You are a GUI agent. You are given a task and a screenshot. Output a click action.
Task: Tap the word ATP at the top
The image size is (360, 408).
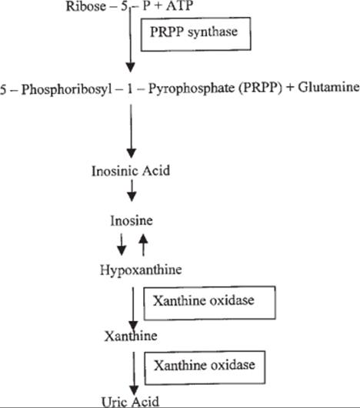click(x=179, y=5)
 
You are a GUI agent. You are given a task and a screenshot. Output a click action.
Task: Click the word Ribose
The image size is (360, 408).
click(x=86, y=6)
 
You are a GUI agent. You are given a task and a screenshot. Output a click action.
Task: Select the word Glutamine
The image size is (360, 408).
click(x=328, y=87)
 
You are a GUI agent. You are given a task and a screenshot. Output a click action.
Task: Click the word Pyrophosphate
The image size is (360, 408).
click(x=192, y=89)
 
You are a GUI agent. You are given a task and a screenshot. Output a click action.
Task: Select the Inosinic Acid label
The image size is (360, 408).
click(x=131, y=171)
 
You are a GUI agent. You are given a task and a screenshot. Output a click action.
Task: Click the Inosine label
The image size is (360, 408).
click(x=132, y=221)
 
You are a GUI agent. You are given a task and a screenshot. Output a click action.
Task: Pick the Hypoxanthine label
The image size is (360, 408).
click(x=141, y=270)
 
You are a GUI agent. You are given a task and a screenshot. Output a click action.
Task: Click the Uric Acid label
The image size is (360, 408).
click(x=130, y=402)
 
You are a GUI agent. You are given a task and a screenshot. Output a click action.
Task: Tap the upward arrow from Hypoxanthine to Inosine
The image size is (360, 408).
click(x=143, y=245)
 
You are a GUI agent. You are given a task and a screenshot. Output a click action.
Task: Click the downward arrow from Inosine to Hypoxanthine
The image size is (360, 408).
click(x=122, y=244)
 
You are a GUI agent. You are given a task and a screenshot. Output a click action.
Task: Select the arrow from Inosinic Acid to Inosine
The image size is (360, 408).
click(x=132, y=191)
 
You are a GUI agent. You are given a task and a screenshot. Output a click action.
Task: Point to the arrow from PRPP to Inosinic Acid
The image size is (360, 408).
click(x=131, y=131)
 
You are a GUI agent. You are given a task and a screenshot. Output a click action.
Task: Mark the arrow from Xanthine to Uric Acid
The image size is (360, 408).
click(x=134, y=373)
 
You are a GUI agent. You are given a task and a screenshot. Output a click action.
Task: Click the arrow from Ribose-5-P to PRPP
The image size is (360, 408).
click(x=130, y=40)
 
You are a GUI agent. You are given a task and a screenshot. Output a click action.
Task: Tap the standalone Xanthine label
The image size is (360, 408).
click(x=131, y=336)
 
